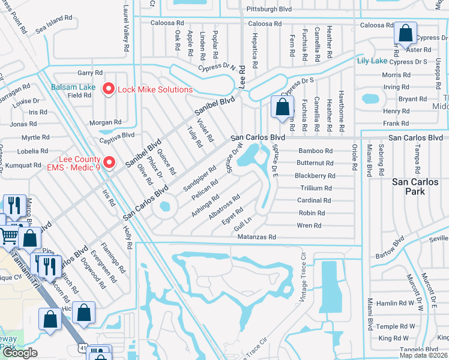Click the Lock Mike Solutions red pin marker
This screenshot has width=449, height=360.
[x=109, y=89]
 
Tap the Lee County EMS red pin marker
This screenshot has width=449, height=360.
[x=109, y=163]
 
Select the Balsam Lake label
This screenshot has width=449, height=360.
[x=73, y=87]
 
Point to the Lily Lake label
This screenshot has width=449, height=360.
[x=372, y=61]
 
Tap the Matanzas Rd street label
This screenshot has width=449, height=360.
[x=256, y=237]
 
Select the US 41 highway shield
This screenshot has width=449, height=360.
[x=83, y=349]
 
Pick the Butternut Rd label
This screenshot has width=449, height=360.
[x=315, y=163]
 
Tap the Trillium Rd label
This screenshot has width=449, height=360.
[x=316, y=188]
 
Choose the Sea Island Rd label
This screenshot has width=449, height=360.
[x=54, y=24]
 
